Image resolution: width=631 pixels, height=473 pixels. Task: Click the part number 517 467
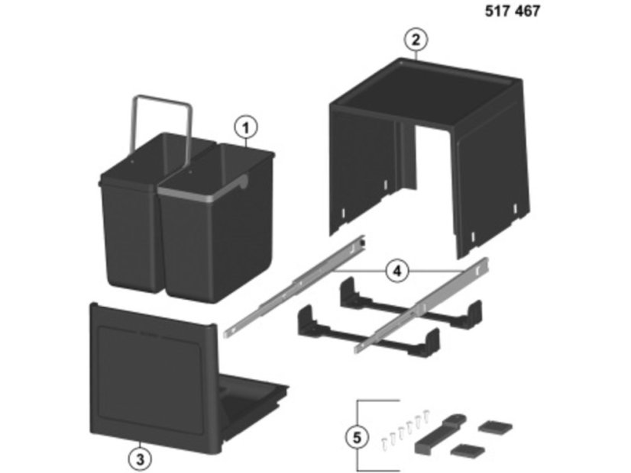pos(512,11)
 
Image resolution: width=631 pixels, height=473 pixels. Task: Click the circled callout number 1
pos(246,128)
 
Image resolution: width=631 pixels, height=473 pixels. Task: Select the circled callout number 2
pos(416,40)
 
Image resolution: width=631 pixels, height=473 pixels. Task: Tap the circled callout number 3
pos(140,459)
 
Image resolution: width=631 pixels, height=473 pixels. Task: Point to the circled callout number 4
pos(397,272)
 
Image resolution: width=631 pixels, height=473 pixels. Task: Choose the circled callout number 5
pos(358,437)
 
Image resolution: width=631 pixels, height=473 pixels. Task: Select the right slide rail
pos(422,306)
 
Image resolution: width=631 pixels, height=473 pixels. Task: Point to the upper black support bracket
pos(410,306)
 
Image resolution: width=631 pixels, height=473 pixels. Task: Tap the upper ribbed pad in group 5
pos(495,426)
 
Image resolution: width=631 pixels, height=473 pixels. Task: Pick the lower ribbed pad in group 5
pos(468,450)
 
